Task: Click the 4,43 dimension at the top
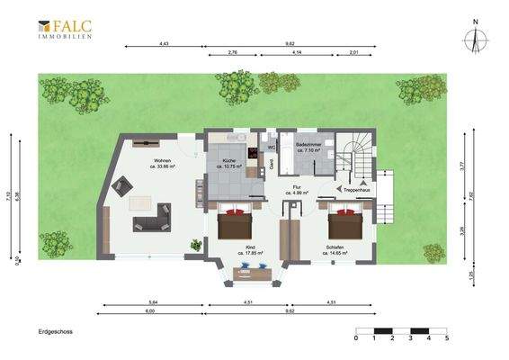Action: pos(165,43)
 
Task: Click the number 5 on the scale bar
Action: pos(446,338)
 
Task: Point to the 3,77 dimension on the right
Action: pos(462,166)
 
